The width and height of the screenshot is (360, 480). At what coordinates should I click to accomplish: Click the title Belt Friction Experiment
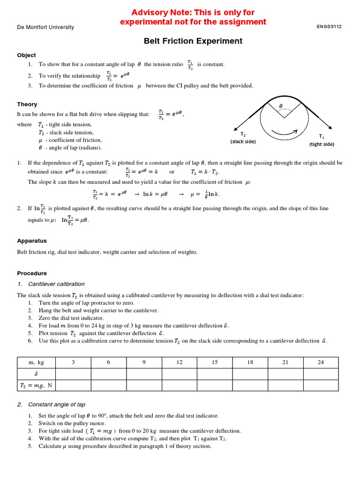pyautogui.click(x=193, y=41)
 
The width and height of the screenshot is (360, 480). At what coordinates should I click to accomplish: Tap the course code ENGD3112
pyautogui.click(x=329, y=27)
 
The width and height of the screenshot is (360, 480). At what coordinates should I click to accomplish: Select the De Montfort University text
pyautogui.click(x=45, y=27)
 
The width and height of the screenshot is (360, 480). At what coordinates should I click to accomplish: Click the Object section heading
pyautogui.click(x=26, y=55)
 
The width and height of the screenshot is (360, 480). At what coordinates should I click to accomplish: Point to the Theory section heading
pyautogui.click(x=27, y=104)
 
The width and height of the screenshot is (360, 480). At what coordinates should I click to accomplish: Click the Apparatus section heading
pyautogui.click(x=32, y=240)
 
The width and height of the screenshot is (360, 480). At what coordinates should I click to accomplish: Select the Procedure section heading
pyautogui.click(x=32, y=273)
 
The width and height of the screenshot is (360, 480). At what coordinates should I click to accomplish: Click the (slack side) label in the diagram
pyautogui.click(x=243, y=142)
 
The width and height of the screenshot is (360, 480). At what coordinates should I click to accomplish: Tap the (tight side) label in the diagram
pyautogui.click(x=322, y=144)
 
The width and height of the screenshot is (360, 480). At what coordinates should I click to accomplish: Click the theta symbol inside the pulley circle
pyautogui.click(x=281, y=106)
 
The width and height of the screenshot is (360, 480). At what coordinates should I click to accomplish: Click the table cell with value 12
pyautogui.click(x=180, y=362)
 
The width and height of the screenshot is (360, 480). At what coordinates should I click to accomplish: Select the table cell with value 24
pyautogui.click(x=321, y=362)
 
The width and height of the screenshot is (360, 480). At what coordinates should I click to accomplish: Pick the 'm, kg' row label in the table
pyautogui.click(x=36, y=362)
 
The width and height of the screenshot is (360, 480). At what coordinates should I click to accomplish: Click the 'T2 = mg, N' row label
pyautogui.click(x=36, y=385)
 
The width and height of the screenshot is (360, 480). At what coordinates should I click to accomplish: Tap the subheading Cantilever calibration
pyautogui.click(x=56, y=284)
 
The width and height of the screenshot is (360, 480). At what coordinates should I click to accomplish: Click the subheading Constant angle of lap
pyautogui.click(x=57, y=405)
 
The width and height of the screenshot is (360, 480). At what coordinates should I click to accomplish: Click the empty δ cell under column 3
pyautogui.click(x=73, y=374)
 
